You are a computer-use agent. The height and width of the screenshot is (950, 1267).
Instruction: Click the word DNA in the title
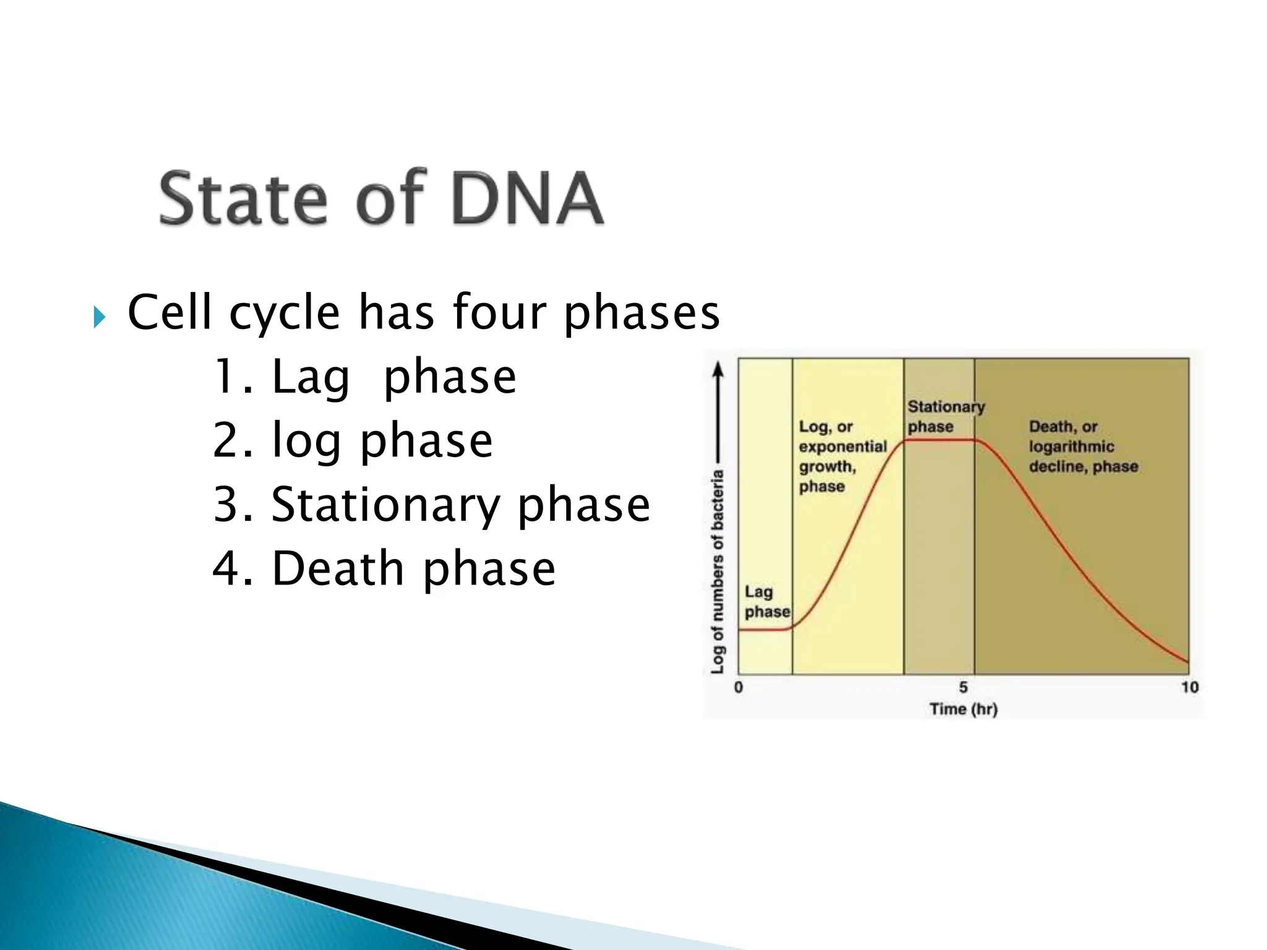coord(527,198)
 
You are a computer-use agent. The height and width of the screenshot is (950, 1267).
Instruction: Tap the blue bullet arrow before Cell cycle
coord(100,317)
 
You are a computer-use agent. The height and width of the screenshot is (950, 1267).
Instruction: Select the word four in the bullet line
coord(499,312)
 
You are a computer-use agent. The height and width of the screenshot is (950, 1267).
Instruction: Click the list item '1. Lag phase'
coord(364,377)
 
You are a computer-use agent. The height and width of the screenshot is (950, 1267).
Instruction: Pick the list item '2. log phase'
coord(352,440)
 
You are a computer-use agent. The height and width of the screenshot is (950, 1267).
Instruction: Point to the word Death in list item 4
coord(338,568)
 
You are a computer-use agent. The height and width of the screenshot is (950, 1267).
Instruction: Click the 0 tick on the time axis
coord(738,687)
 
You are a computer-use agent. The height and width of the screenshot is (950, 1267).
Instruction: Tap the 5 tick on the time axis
coord(963,687)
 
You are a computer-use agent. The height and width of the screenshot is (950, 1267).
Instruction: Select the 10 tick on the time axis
coord(1189,687)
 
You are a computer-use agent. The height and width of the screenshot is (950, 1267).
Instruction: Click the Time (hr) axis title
coord(963,709)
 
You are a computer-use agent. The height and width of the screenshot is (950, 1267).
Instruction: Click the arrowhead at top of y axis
coord(718,369)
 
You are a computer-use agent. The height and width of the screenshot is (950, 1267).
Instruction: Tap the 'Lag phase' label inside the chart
coord(767,602)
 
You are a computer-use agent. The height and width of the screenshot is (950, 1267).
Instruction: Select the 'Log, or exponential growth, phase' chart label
coord(841,456)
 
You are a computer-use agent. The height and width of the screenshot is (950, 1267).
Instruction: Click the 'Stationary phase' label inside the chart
coord(945,416)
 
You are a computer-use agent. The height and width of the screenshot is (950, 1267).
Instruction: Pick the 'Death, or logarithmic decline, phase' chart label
coord(1083,446)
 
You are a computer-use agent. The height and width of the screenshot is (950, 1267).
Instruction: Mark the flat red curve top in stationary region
coord(939,440)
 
